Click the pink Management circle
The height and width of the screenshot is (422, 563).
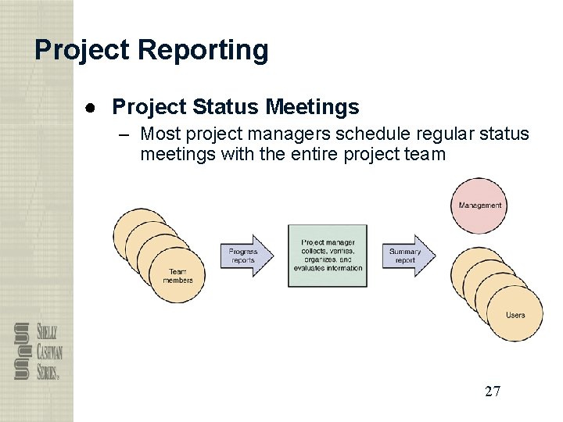tap(479, 206)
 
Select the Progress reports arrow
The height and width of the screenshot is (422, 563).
tap(248, 256)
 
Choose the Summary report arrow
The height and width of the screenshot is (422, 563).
tap(410, 256)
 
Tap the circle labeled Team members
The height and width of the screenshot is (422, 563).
tap(178, 275)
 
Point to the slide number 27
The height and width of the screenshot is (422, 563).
tap(492, 392)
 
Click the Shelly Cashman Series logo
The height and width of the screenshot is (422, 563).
tap(37, 351)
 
